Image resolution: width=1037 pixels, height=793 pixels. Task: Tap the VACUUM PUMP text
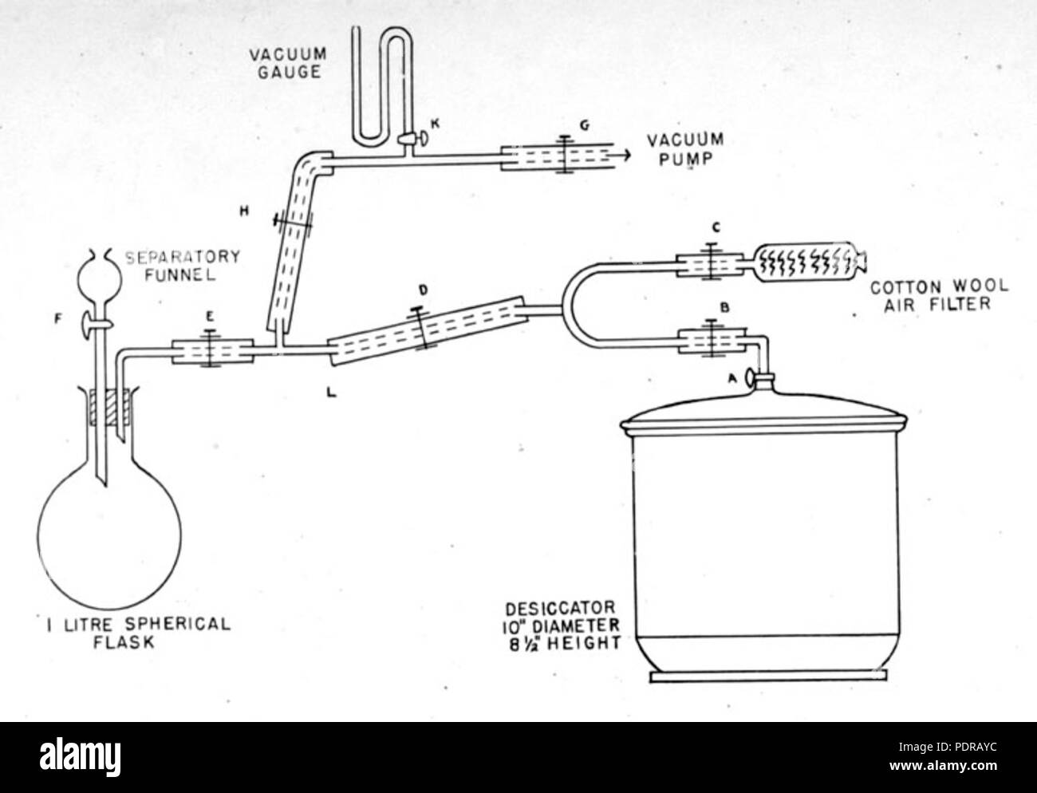pyautogui.click(x=685, y=150)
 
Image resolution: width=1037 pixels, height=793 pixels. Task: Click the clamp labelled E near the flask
pyautogui.click(x=211, y=351)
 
